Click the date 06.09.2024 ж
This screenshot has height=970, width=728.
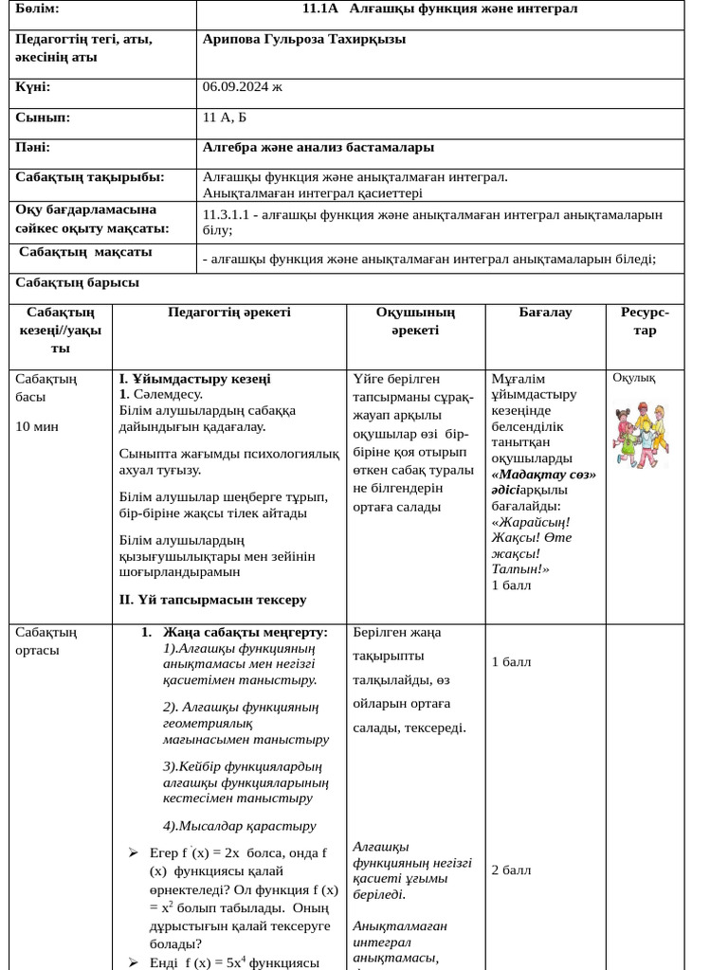point(242,87)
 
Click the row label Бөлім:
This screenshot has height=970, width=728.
point(37,9)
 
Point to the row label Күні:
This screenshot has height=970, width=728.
point(32,87)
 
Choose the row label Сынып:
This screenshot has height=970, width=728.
point(42,117)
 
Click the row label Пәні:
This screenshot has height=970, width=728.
point(32,147)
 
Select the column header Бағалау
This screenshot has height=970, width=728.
point(545,313)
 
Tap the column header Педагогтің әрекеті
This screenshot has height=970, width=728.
point(229,313)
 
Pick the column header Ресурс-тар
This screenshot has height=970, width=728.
point(645,321)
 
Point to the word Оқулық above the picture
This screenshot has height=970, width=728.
point(633,378)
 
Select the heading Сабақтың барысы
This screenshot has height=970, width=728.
point(77,282)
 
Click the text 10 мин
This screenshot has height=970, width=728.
point(37,426)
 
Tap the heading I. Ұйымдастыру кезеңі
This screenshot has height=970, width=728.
point(194,378)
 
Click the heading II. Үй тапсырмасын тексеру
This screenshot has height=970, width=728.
point(212,600)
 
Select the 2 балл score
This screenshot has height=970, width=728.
point(511,870)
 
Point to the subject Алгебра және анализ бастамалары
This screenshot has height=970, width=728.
point(318,147)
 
